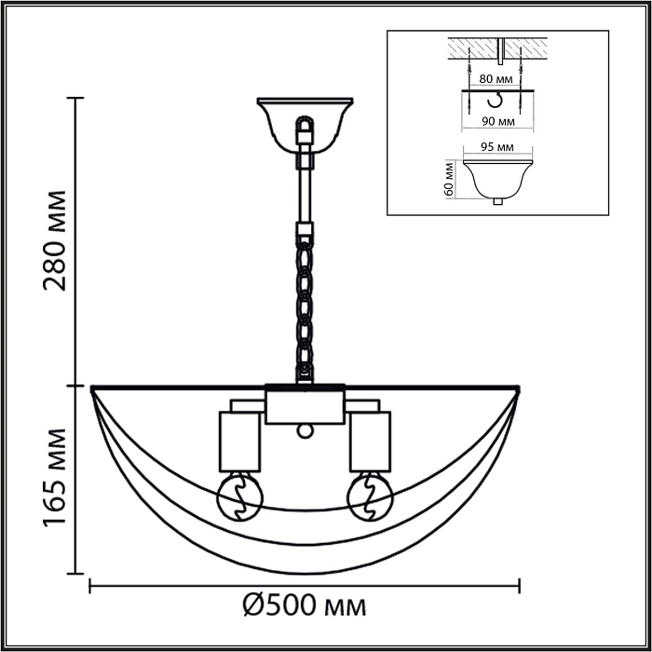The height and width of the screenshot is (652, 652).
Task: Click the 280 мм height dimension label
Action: coord(56,240)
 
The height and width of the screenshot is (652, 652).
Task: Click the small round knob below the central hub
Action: coord(304,430)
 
